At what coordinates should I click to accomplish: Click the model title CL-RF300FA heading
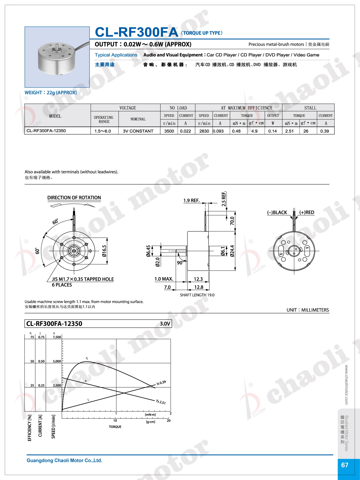point(137,32)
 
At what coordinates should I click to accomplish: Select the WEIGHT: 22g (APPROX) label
point(51,93)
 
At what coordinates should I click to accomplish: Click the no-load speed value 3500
point(169,131)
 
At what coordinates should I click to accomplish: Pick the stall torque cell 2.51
point(289,131)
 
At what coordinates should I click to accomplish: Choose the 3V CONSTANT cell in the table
point(138,131)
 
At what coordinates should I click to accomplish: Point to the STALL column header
point(310,108)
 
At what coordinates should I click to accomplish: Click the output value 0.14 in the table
point(273,131)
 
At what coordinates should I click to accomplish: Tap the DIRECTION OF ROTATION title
point(74,198)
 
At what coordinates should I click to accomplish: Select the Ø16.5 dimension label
point(104,251)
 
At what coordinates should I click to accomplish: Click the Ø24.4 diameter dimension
point(232,251)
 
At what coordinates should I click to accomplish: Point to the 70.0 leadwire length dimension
point(232,221)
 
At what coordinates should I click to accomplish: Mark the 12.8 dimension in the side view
point(199,287)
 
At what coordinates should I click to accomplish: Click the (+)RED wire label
point(307,212)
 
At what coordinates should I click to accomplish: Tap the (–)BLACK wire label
point(277,212)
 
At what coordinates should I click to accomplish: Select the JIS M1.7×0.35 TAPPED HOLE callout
point(83,279)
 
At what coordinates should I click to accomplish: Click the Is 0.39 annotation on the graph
point(161,383)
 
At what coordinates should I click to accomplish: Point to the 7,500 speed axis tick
point(57,337)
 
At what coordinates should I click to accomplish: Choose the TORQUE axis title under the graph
point(115,427)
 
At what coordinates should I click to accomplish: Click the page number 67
point(345,465)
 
